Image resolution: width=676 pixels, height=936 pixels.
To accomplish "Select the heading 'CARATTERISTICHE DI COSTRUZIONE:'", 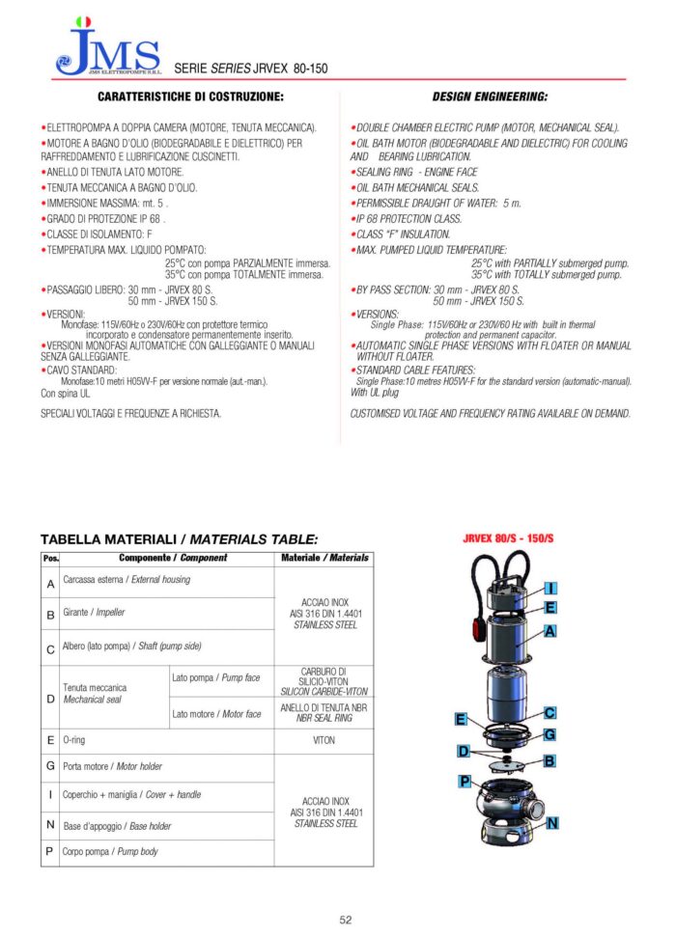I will coord(189,97).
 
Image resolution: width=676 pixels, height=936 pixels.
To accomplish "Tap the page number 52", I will coord(345,920).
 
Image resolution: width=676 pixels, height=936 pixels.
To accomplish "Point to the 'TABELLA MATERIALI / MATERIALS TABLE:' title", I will coord(179,539).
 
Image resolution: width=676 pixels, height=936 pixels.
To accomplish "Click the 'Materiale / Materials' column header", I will coord(324,559).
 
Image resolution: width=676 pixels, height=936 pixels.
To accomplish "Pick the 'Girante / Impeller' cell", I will coord(95,613).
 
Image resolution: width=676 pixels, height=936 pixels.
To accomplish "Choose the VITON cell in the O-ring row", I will coord(324,740).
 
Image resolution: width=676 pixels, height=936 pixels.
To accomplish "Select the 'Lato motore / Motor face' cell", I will coord(216,714).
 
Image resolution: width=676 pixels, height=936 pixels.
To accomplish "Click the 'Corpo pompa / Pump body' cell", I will coord(111,852).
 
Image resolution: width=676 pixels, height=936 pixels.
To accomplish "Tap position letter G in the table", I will coord(50,767).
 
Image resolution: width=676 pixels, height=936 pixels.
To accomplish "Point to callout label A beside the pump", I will coord(549,631).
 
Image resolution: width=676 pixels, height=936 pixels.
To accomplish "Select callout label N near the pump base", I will coord(551,823).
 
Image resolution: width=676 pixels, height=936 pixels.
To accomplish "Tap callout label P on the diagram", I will coord(465,781).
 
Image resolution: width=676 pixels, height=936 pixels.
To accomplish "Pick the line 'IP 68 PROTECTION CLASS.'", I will coord(408,219).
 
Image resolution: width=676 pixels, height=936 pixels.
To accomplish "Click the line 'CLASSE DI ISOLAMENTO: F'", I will coord(98,234).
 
